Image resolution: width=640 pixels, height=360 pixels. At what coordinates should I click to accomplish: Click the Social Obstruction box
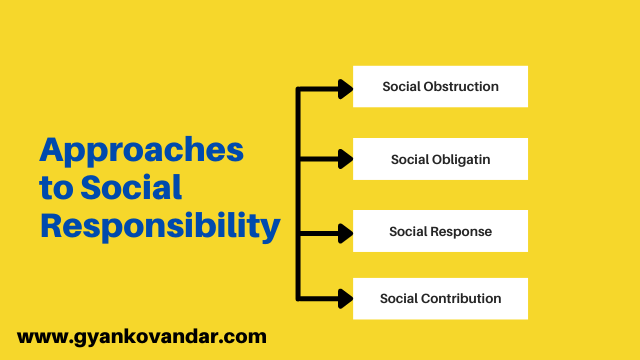click(440, 87)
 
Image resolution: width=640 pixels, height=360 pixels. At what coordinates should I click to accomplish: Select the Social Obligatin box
click(440, 159)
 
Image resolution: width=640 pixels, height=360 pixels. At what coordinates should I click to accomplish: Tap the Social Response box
click(440, 231)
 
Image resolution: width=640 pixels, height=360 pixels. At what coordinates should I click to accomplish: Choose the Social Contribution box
click(440, 299)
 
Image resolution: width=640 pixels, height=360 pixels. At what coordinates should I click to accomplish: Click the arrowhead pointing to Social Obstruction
click(346, 89)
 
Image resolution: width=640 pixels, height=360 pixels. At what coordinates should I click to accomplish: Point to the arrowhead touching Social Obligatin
click(346, 159)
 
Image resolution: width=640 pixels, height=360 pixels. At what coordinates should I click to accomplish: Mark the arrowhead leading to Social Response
click(346, 233)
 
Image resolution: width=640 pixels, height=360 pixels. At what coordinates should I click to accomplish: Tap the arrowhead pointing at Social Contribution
click(346, 299)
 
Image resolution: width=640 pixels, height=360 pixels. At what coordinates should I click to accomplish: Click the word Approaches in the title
click(142, 152)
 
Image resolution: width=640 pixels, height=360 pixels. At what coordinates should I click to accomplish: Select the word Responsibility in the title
click(160, 226)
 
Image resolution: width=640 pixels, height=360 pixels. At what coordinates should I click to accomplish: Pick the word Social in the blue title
click(131, 187)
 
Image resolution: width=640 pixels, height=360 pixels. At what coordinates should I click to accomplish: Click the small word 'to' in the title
click(56, 188)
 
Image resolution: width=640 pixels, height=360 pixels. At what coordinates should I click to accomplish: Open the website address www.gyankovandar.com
click(142, 338)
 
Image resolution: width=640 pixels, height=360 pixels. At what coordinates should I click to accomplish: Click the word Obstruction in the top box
click(461, 87)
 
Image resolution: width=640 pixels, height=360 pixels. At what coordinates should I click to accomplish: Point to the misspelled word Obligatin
click(461, 160)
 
